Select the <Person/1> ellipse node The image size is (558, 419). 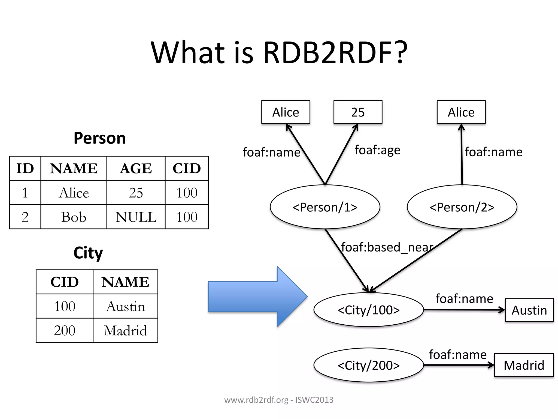coord(325,207)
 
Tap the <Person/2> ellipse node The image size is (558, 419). coord(462,207)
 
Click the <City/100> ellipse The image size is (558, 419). coord(368,310)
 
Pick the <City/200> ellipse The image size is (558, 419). coord(368,365)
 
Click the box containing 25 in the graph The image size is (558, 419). coord(358,112)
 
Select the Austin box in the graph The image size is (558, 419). coord(529,310)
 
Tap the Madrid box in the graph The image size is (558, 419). coord(524,365)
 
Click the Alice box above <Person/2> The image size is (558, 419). coord(461,112)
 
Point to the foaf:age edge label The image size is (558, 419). coord(377,150)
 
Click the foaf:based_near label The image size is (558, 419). coord(387,247)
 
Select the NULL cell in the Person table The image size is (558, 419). coord(136,217)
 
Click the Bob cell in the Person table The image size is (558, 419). coord(74,217)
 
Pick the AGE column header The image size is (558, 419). coord(136,168)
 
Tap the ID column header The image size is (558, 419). coord(25,168)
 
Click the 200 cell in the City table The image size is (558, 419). coord(65,331)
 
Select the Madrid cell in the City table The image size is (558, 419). coord(125,331)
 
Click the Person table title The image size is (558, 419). coord(100,138)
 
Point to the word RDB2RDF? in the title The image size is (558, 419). coord(335,52)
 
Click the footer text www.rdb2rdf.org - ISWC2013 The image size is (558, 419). coord(279,400)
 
